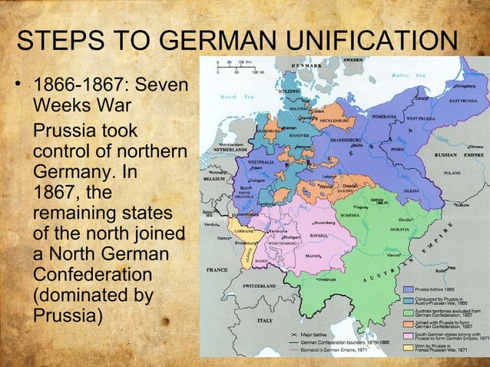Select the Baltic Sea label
coord(402,75)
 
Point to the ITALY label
coord(265,319)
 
